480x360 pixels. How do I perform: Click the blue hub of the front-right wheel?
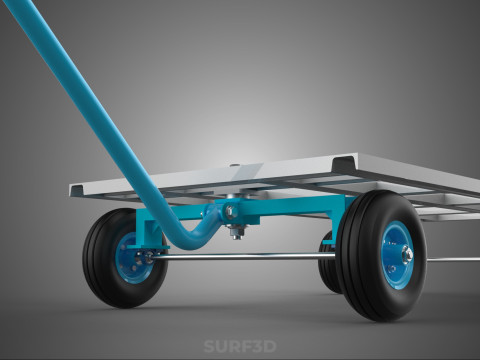[x=397, y=256]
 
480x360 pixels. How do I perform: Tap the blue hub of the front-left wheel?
[x=130, y=257]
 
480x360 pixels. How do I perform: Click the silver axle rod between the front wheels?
[x=240, y=257]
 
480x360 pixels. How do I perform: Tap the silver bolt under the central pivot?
[x=236, y=234]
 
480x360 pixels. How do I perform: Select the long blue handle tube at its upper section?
[x=70, y=80]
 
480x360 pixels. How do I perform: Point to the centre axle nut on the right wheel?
[x=407, y=256]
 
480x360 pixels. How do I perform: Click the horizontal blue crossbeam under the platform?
[x=290, y=207]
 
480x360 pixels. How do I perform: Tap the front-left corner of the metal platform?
[x=78, y=189]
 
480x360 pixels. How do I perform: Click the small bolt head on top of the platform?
[x=234, y=165]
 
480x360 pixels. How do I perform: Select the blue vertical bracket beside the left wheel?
[x=151, y=225]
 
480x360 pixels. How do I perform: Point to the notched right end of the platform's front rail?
[x=346, y=162]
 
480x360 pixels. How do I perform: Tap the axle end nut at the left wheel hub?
[x=147, y=257]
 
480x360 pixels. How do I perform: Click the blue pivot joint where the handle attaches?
[x=231, y=213]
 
